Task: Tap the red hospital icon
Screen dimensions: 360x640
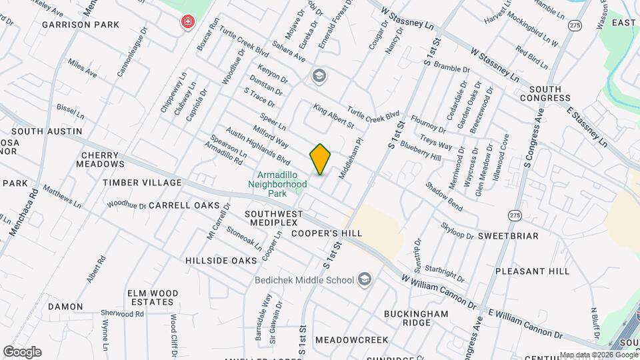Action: coord(189,22)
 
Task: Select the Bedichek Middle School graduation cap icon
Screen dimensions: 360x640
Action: coord(365,279)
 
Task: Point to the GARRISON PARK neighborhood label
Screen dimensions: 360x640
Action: coord(81,25)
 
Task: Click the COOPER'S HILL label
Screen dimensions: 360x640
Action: coord(327,233)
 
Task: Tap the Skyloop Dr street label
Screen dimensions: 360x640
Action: coord(457,231)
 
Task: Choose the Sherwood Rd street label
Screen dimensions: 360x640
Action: coord(117,313)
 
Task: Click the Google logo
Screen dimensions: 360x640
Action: coord(22,352)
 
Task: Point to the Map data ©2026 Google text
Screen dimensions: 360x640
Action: coord(599,355)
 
